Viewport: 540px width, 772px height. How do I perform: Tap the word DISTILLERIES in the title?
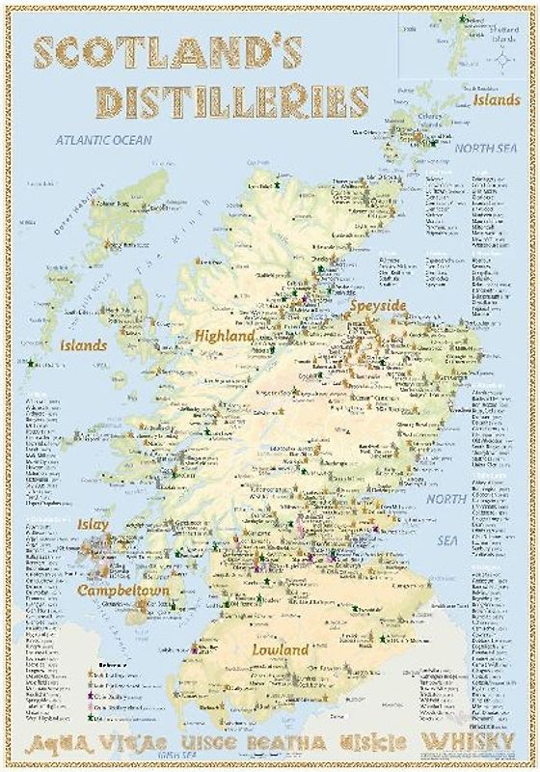click(231, 100)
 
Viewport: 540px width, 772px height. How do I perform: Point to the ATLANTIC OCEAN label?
click(103, 140)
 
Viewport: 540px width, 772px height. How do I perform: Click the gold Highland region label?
click(225, 336)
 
